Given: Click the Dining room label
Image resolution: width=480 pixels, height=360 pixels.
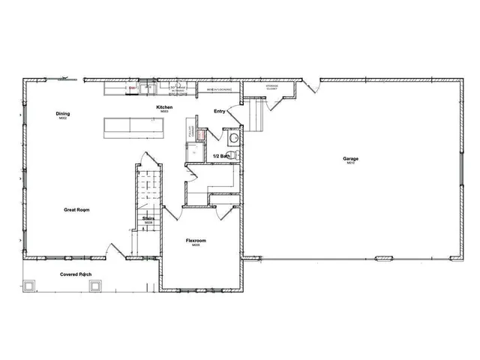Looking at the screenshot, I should click(63, 114).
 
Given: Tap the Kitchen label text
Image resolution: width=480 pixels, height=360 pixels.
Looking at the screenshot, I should click(163, 107).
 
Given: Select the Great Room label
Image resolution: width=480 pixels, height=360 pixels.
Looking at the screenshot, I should click(76, 210).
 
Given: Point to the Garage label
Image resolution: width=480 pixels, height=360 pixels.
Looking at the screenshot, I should click(350, 159).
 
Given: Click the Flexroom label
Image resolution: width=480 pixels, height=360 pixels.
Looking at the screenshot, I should click(196, 241).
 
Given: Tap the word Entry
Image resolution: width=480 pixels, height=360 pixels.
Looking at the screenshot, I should click(220, 112).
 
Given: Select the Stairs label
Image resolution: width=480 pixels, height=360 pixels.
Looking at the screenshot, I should click(148, 219).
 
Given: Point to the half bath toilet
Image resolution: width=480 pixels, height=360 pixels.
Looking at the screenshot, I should click(232, 154).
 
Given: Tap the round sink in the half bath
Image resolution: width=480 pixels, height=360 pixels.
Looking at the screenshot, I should click(233, 138).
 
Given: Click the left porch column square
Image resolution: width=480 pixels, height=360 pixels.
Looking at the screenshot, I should click(30, 285).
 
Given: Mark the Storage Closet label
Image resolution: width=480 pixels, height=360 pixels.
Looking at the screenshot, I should click(272, 87).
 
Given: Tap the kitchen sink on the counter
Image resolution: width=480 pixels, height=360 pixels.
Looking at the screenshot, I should click(148, 88).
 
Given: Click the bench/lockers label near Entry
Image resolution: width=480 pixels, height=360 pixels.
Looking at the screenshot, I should click(218, 90).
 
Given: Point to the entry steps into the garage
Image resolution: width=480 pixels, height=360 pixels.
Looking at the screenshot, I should click(259, 117).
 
